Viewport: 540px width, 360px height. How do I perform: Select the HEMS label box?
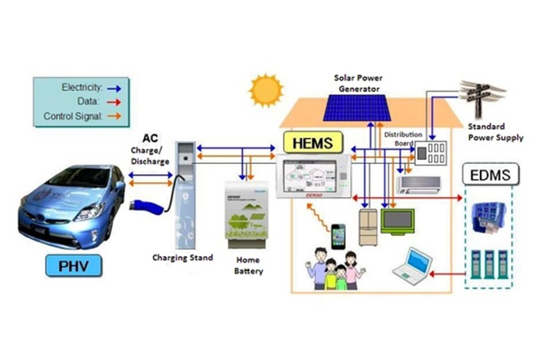(x=312, y=143)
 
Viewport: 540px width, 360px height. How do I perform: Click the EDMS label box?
(x=491, y=175)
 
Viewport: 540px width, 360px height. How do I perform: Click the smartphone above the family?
(x=337, y=236)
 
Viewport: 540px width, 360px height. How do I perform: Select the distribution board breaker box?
(x=433, y=154)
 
